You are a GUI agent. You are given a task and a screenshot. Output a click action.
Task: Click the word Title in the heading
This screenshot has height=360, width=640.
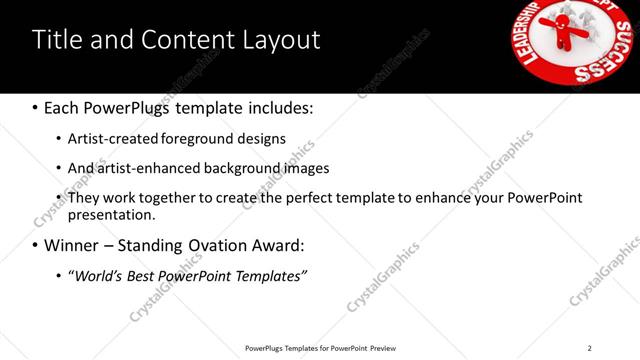pos(56,40)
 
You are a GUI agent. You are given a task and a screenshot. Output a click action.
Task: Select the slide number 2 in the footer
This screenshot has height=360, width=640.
pos(590,348)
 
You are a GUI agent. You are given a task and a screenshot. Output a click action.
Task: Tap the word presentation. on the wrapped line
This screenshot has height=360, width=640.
pos(112,214)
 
